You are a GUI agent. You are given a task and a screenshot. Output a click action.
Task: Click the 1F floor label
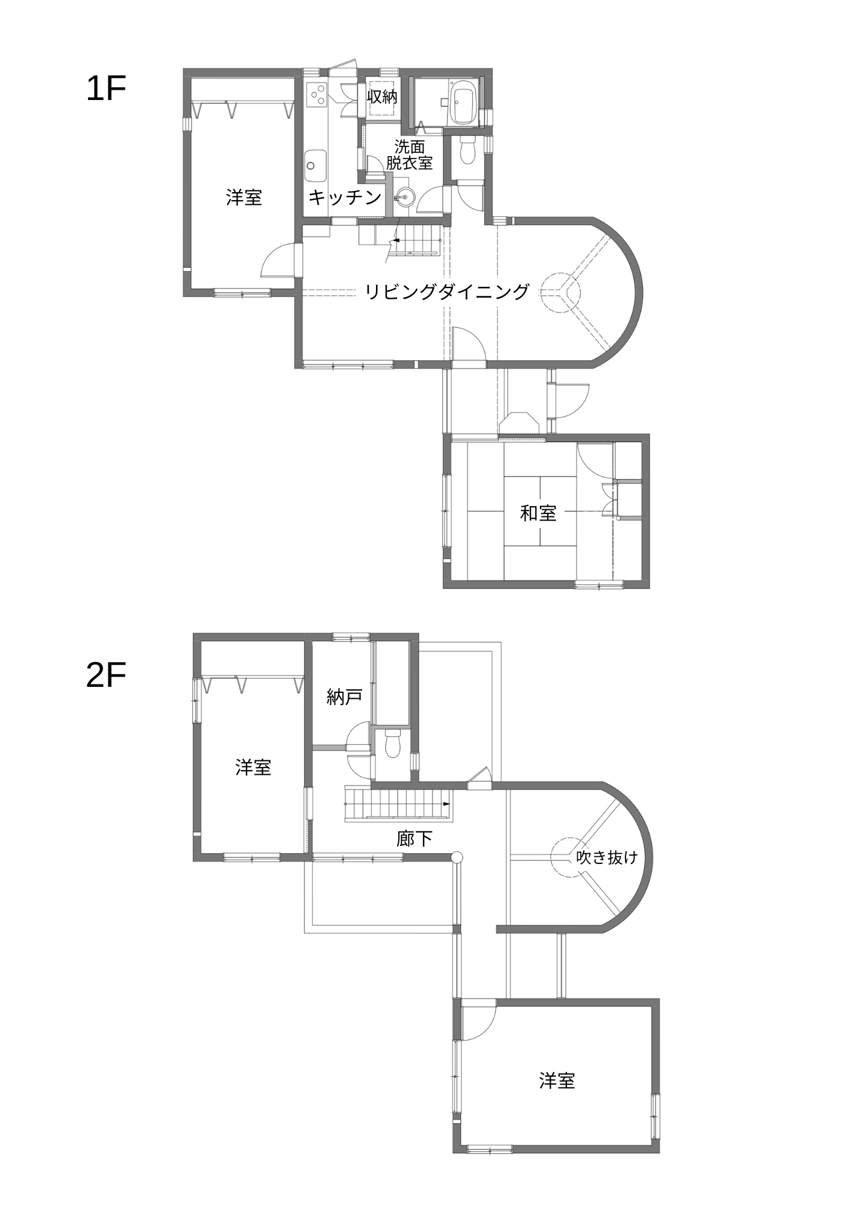(105, 89)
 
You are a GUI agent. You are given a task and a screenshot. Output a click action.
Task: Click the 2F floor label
(105, 675)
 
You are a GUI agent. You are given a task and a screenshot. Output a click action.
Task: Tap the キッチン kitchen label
(345, 197)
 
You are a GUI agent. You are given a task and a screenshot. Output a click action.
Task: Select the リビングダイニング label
(447, 292)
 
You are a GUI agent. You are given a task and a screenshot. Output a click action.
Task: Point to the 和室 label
(538, 513)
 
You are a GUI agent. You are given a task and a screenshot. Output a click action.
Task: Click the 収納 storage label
(383, 96)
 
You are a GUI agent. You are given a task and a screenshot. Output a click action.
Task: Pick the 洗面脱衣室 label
(410, 154)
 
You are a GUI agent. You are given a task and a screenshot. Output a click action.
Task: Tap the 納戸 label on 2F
(345, 697)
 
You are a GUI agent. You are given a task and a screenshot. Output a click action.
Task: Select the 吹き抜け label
(607, 857)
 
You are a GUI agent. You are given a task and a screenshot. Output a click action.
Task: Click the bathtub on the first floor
(465, 104)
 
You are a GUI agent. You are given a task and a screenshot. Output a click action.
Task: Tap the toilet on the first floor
(468, 149)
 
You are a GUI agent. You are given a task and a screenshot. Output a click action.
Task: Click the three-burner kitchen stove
(317, 94)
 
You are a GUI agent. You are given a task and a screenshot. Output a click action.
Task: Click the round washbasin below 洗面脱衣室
(405, 196)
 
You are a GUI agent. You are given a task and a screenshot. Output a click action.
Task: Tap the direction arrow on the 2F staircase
(446, 804)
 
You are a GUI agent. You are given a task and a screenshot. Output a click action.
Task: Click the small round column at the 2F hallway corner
(457, 857)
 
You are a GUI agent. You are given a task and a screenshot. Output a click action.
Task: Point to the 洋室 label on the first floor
(244, 197)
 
